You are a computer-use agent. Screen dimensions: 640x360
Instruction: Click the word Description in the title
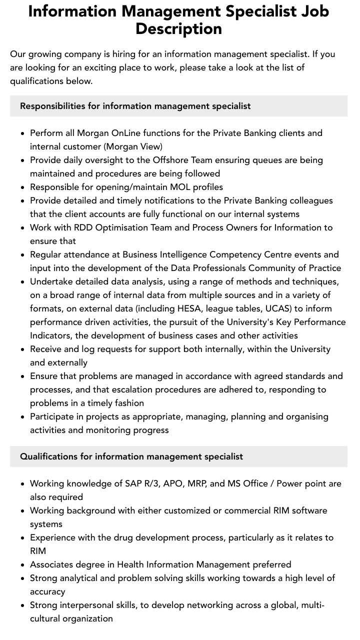point(178,28)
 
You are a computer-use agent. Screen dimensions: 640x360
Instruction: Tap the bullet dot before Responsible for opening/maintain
point(22,187)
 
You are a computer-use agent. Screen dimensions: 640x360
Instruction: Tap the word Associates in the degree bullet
point(51,564)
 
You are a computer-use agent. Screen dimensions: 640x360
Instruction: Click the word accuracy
point(47,591)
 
